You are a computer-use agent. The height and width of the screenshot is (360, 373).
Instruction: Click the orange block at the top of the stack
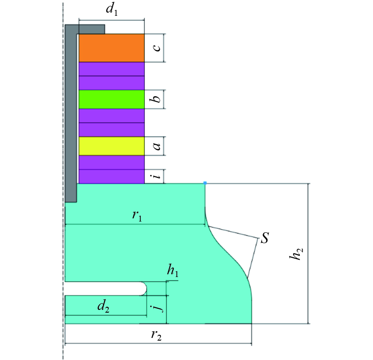point(111,47)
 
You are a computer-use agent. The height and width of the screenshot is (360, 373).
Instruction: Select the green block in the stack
point(111,99)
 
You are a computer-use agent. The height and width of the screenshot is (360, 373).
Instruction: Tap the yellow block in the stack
point(111,146)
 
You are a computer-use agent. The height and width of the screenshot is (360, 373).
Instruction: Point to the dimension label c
point(156,47)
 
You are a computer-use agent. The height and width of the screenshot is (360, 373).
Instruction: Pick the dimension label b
point(156,99)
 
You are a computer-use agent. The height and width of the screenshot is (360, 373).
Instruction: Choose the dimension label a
point(156,146)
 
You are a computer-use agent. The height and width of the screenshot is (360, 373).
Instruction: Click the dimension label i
point(156,176)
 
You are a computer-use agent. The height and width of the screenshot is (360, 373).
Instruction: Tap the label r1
point(137,216)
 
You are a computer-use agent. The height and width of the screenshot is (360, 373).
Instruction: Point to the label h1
point(172,271)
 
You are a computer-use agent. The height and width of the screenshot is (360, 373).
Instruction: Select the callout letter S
point(265,238)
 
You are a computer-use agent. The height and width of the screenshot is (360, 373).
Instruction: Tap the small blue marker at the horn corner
point(205,183)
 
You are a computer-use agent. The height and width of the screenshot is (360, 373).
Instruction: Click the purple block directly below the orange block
point(111,69)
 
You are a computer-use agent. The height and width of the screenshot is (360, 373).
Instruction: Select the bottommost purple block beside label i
point(111,176)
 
